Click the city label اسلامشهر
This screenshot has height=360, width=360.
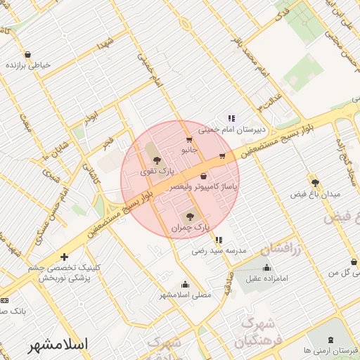[58, 345]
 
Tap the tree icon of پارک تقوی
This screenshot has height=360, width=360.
[157, 161]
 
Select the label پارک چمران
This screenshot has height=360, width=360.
[190, 228]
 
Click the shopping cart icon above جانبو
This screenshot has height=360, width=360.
[188, 141]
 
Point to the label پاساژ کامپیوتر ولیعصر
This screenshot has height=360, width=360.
[205, 187]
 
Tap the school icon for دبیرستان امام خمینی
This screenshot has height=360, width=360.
[230, 118]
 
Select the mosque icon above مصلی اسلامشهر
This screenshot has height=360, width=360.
[185, 284]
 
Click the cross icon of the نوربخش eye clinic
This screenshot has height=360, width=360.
[65, 257]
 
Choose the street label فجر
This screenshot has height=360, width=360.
[108, 143]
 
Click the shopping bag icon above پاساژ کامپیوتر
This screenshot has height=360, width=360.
[204, 176]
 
